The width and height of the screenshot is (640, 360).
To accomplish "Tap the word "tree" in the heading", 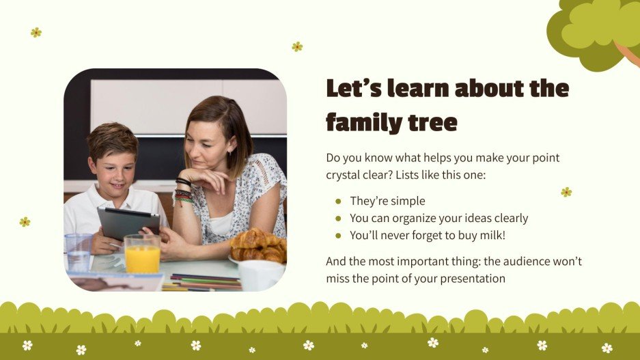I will click(432, 123).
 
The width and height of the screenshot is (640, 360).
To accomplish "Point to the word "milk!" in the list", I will click(491, 236).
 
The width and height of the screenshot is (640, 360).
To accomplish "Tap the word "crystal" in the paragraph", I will click(346, 175).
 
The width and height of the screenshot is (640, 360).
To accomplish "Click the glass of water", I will click(79, 251).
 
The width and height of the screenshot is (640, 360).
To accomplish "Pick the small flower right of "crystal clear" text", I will click(566, 192).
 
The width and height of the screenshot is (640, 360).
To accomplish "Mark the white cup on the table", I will click(260, 275).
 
